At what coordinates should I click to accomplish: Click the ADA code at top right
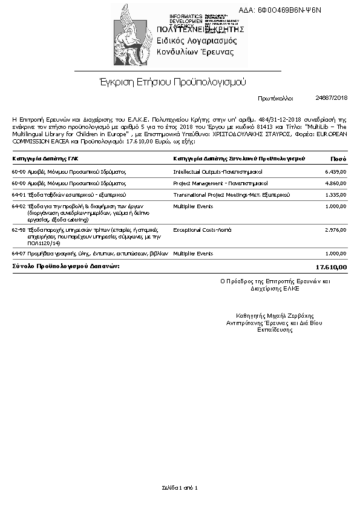[x=288, y=10]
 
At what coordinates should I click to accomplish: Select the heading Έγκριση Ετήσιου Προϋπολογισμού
[x=172, y=82]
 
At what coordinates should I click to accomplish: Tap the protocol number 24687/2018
[x=332, y=97]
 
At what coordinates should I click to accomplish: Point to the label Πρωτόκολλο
[x=275, y=97]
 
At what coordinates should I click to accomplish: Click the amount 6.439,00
[x=335, y=172]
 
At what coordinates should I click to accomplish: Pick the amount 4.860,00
[x=335, y=183]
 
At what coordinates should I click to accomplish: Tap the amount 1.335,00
[x=335, y=195]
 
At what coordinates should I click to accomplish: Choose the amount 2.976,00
[x=335, y=230]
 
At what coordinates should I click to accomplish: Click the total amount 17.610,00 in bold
[x=332, y=267]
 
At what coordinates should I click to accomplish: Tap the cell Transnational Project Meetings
[x=231, y=195]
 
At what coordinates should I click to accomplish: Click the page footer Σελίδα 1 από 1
[x=180, y=487]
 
